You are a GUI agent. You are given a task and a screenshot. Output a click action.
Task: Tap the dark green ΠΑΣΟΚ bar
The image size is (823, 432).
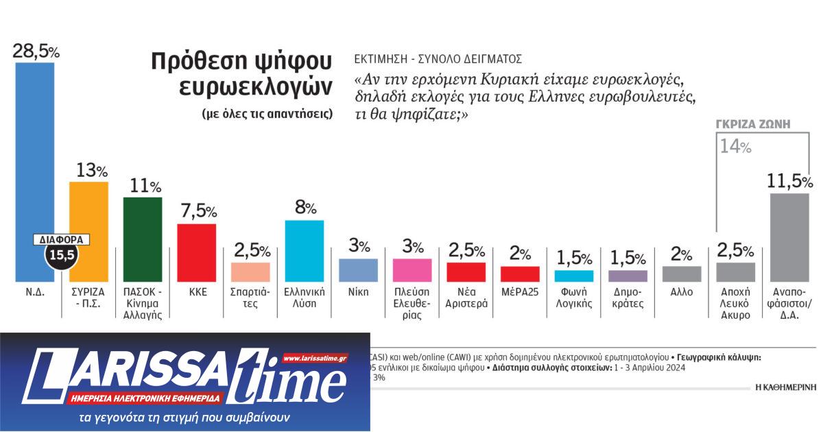[x=143, y=239]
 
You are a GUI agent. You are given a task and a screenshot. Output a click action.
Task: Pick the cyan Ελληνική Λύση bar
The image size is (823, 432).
[x=304, y=251]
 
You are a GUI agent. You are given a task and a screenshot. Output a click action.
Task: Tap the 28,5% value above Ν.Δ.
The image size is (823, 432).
[x=36, y=51]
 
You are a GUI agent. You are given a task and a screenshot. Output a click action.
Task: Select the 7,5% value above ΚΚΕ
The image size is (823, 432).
[x=197, y=212]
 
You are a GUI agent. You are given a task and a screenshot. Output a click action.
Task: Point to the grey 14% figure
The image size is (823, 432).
[x=735, y=146]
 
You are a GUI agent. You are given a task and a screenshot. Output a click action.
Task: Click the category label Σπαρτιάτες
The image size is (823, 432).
[x=250, y=297]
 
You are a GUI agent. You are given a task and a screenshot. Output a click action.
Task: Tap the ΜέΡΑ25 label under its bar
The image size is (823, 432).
[x=519, y=291]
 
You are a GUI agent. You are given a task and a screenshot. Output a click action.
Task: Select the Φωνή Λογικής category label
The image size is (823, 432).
[x=573, y=297]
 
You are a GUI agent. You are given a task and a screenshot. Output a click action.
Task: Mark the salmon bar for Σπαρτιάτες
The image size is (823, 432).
[x=250, y=272]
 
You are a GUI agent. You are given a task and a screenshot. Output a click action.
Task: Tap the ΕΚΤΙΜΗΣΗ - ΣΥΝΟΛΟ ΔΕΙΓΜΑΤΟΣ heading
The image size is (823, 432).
[x=438, y=59]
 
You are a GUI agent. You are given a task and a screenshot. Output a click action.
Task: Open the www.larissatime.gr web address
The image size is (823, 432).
[x=315, y=359]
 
